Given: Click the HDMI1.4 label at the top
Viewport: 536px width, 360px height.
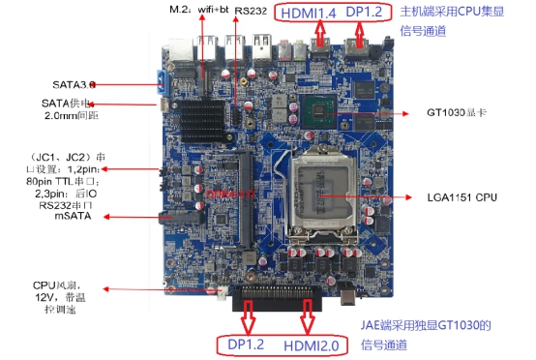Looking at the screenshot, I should coord(309,14).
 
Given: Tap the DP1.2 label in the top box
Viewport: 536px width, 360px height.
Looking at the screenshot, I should coord(364,13).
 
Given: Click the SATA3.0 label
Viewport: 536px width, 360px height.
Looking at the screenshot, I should coord(81,84).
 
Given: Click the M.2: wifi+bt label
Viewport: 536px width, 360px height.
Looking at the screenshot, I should coord(197,11).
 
